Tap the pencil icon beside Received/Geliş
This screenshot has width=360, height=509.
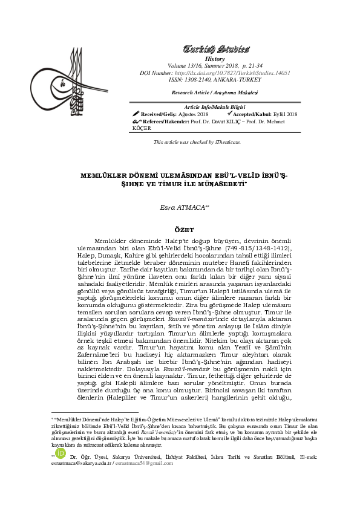point(136,114)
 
